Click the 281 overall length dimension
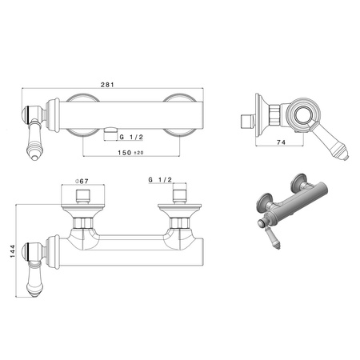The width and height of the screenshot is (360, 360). [x=107, y=85]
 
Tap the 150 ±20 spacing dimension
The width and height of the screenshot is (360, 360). [x=130, y=153]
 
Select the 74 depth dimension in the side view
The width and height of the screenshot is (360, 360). [x=281, y=142]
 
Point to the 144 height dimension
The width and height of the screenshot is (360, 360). [x=13, y=251]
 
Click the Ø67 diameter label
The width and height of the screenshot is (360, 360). [x=82, y=181]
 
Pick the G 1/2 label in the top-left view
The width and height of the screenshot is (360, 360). [x=131, y=137]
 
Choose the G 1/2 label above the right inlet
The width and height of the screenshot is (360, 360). [x=160, y=180]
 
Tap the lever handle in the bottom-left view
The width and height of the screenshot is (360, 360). [x=34, y=279]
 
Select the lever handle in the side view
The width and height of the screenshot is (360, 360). [x=330, y=142]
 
